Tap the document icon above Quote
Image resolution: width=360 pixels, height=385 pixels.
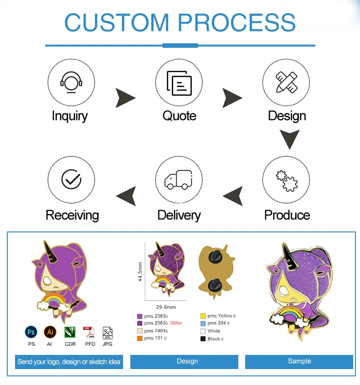pyautogui.click(x=179, y=82)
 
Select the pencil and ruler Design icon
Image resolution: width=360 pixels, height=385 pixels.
pyautogui.click(x=286, y=82)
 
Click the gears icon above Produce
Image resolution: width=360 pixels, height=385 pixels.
pyautogui.click(x=286, y=180)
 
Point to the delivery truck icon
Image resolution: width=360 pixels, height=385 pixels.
pyautogui.click(x=179, y=180)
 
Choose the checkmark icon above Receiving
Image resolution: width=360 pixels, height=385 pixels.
pyautogui.click(x=71, y=180)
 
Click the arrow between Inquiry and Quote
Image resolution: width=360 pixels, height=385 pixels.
pyautogui.click(x=125, y=98)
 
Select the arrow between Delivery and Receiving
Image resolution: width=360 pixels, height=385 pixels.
pyautogui.click(x=126, y=196)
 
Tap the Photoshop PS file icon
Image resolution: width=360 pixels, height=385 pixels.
pyautogui.click(x=31, y=332)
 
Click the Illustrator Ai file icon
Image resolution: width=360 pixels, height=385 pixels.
pyautogui.click(x=50, y=332)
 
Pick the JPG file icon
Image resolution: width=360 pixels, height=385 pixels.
pyautogui.click(x=108, y=333)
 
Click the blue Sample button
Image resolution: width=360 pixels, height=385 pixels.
pyautogui.click(x=299, y=361)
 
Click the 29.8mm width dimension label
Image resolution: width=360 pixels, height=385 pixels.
pyautogui.click(x=166, y=307)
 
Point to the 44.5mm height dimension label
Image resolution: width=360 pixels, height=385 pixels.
pyautogui.click(x=140, y=272)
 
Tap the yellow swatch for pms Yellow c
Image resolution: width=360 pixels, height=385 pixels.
pyautogui.click(x=203, y=316)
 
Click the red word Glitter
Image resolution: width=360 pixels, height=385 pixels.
pyautogui.click(x=176, y=323)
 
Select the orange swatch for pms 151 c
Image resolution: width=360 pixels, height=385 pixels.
pyautogui.click(x=139, y=338)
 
